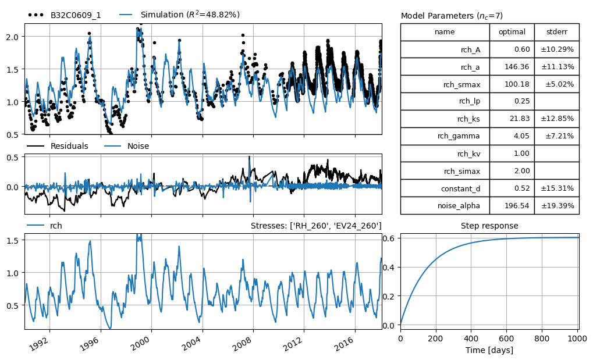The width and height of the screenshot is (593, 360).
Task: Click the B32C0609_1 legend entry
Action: pyautogui.click(x=65, y=15)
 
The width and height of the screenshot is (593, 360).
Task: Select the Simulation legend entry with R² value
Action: pyautogui.click(x=180, y=15)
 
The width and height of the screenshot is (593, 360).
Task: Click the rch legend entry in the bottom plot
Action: pyautogui.click(x=45, y=226)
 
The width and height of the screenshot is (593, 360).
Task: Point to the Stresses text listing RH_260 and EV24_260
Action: pyautogui.click(x=316, y=226)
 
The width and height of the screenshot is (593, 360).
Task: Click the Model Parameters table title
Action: pyautogui.click(x=452, y=16)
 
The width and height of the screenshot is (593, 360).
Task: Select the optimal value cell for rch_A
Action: pyautogui.click(x=512, y=49)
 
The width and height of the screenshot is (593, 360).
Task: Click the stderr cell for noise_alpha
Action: pyautogui.click(x=557, y=206)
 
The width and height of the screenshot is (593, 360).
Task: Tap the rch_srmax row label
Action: pyautogui.click(x=461, y=84)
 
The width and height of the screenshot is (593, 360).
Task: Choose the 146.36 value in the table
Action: pyautogui.click(x=517, y=66)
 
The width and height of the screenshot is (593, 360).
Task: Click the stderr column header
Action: pyautogui.click(x=557, y=32)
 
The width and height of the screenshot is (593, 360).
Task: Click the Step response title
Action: pyautogui.click(x=489, y=226)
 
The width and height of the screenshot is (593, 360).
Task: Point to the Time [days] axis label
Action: pyautogui.click(x=489, y=350)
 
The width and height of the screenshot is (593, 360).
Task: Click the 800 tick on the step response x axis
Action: pyautogui.click(x=542, y=338)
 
